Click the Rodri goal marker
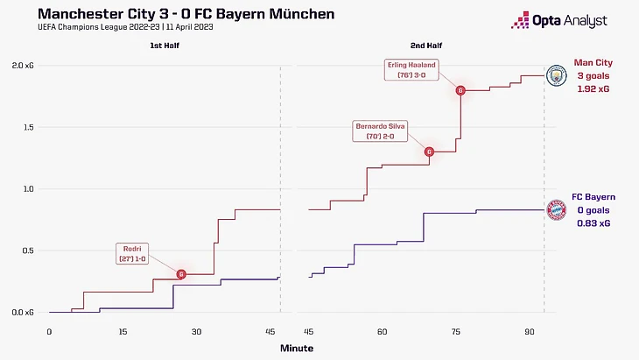coord(181,274)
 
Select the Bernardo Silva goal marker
coord(429,152)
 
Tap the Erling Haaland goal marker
coord(460,90)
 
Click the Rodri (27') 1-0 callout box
coord(135,254)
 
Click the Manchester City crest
coord(555,76)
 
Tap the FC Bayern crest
coord(555,209)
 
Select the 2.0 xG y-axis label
coord(24,66)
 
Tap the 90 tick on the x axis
coord(530,332)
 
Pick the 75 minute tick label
coord(456,332)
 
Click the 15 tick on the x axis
coord(123,332)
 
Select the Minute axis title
coord(296,348)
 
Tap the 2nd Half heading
coord(424,45)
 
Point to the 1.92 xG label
coord(593,90)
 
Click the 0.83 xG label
coord(593,223)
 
